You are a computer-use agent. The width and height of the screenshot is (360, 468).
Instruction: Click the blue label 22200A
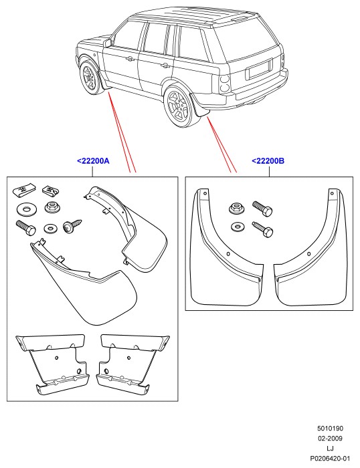point(93,161)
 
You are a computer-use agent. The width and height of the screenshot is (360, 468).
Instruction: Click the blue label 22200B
point(268,161)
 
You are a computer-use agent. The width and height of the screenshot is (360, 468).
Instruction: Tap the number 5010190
point(330,429)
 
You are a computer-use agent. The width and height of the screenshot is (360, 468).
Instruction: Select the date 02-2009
point(330,439)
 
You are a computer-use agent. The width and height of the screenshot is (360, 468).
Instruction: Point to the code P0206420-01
point(330,459)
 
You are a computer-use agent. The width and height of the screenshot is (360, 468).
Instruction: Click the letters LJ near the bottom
point(330,449)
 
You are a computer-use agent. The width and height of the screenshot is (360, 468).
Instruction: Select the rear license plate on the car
point(259,70)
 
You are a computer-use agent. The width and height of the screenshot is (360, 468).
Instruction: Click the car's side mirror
point(108,43)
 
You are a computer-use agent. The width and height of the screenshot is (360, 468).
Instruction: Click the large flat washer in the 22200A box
point(25,209)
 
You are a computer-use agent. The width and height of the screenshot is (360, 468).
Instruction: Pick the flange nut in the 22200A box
point(52,207)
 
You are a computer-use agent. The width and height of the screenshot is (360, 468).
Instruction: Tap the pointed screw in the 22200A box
point(72,226)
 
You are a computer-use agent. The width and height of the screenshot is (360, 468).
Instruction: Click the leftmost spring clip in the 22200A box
point(23,190)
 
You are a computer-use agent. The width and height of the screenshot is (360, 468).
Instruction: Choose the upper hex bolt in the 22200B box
point(262,209)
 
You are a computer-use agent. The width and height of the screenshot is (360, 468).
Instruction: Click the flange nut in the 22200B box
point(236,208)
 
